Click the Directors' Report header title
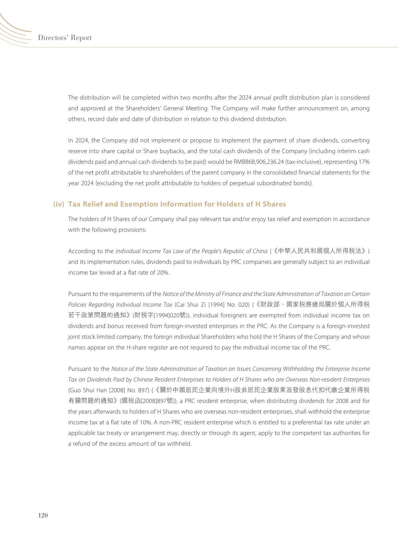point(65,38)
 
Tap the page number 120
point(43,515)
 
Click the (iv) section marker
point(59,204)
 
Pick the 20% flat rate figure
point(163,273)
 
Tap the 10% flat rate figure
point(146,422)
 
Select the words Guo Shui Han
point(88,390)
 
